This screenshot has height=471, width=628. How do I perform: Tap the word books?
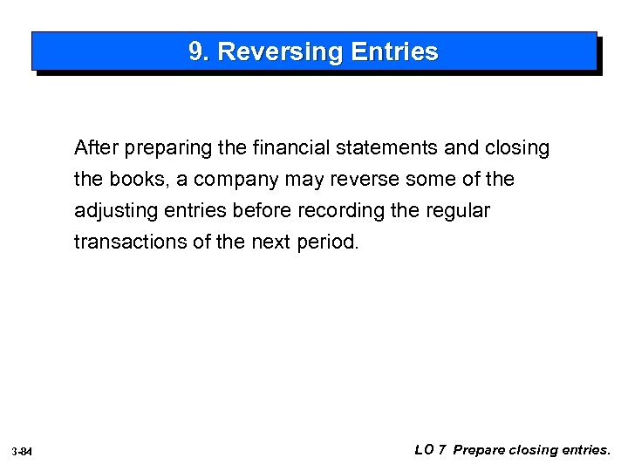[134, 180]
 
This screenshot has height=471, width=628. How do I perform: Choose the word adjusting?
[113, 211]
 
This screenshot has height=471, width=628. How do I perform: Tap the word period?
[327, 242]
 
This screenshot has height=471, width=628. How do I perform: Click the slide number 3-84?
[23, 451]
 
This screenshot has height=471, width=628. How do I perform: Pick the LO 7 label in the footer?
[431, 450]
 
